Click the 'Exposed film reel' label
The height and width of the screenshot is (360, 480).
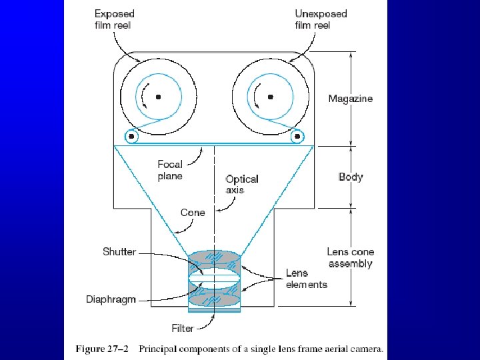114,19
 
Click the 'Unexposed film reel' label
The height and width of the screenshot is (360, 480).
321,19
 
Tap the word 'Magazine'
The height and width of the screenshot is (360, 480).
350,99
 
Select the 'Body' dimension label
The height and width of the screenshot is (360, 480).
350,177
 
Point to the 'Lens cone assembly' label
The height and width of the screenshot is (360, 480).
350,257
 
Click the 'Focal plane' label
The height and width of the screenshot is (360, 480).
170,170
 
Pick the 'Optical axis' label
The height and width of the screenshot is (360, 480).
241,184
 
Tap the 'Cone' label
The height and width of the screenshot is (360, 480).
193,213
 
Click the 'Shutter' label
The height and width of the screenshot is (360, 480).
119,252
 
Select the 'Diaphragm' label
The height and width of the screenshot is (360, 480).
111,299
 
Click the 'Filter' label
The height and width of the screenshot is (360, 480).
182,328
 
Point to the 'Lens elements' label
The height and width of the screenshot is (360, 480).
306,279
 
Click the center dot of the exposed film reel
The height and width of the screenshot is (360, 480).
159,97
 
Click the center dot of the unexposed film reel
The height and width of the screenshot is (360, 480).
270,97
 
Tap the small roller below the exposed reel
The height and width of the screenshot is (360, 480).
131,137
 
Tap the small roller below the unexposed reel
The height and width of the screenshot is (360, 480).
297,137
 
